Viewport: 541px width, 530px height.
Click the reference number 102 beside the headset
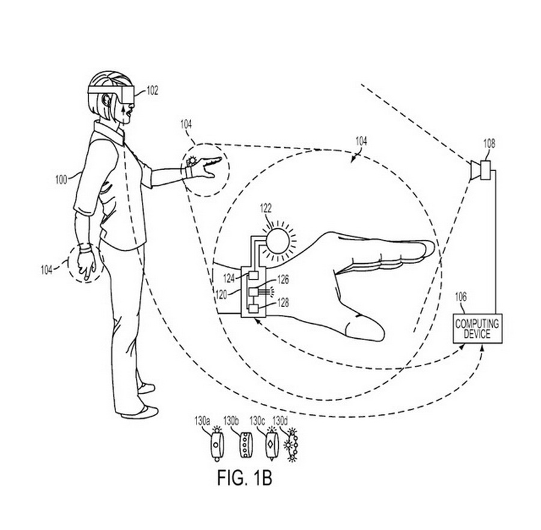pos(153,90)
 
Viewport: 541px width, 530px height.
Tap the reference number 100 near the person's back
pos(61,180)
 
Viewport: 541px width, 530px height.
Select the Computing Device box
pos(477,328)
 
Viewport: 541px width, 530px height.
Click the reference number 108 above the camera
pos(489,144)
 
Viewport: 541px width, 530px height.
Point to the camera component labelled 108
pos(481,170)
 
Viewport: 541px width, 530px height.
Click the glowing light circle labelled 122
pos(278,241)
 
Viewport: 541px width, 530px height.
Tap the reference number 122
pos(266,209)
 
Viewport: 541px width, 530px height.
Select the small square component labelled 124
pos(254,276)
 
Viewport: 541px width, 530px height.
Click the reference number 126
pos(283,279)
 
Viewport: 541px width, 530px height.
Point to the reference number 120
pos(221,294)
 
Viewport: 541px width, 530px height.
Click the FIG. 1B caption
pos(245,478)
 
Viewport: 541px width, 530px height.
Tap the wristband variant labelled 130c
pos(270,444)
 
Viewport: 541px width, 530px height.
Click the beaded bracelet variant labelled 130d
pos(292,445)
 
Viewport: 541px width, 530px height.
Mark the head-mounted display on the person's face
pos(111,94)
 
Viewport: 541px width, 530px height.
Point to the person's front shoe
pos(140,412)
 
